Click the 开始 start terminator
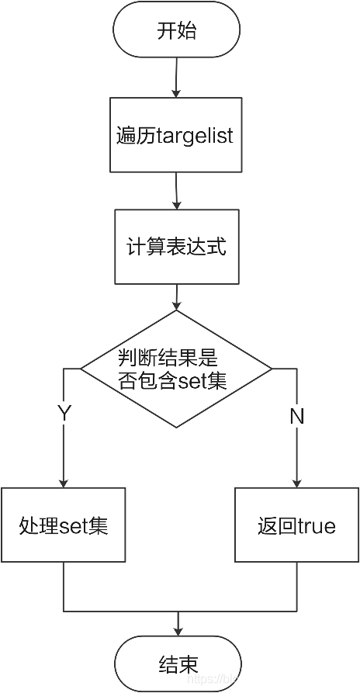click(177, 32)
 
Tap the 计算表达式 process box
click(177, 247)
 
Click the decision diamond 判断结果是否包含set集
click(177, 369)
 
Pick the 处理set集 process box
click(62, 525)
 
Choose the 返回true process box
click(297, 525)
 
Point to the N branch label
click(296, 416)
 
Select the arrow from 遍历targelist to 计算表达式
click(178, 191)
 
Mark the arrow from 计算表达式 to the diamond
click(178, 297)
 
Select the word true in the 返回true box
click(317, 526)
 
